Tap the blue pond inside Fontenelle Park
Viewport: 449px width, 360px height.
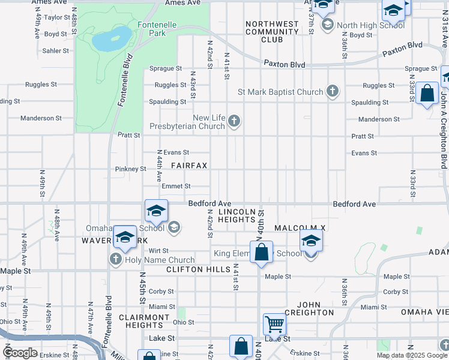tap(111, 39)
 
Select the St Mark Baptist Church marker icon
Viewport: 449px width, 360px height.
tap(332, 92)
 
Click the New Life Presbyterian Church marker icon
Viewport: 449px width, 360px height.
tap(235, 122)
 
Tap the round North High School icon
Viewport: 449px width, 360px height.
tap(328, 25)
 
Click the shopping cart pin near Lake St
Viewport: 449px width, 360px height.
tap(274, 324)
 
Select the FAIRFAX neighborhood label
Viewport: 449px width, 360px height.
tap(190, 165)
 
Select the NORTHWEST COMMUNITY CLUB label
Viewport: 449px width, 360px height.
tap(272, 32)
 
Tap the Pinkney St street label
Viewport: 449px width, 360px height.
tap(130, 169)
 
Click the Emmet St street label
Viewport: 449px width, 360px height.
tap(176, 187)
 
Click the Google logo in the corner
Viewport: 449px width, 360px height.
tap(20, 353)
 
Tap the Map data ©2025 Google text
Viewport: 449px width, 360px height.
tap(411, 355)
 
